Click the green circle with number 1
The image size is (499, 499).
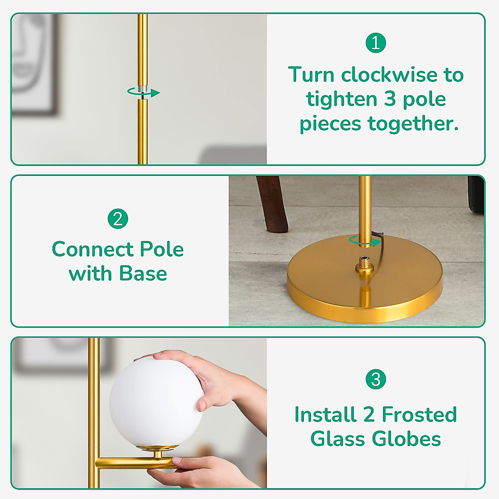tap(375, 43)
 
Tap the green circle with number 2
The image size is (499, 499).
tap(118, 219)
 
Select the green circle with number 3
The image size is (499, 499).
tap(375, 379)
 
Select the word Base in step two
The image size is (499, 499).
tap(143, 274)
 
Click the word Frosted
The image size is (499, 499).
tap(419, 415)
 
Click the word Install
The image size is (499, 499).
tap(325, 415)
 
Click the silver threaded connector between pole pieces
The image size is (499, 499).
tap(143, 90)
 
